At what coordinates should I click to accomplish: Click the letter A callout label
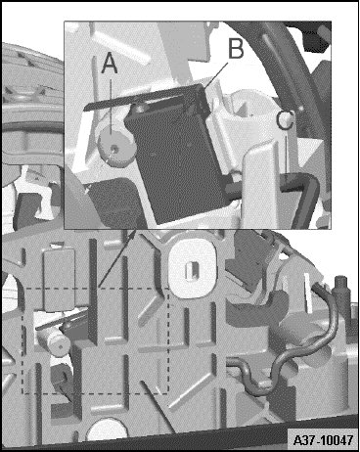pos(110,64)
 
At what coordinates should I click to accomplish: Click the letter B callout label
pos(236,48)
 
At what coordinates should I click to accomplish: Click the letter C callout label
pos(286,119)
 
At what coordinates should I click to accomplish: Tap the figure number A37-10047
pos(323,439)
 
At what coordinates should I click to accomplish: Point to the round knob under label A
pos(116,148)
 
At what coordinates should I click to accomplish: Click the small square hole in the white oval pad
pos(193,271)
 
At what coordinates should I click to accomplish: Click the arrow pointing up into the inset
pos(117,258)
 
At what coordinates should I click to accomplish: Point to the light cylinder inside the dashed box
pos(54,341)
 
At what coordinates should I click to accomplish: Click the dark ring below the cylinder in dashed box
pos(62,375)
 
